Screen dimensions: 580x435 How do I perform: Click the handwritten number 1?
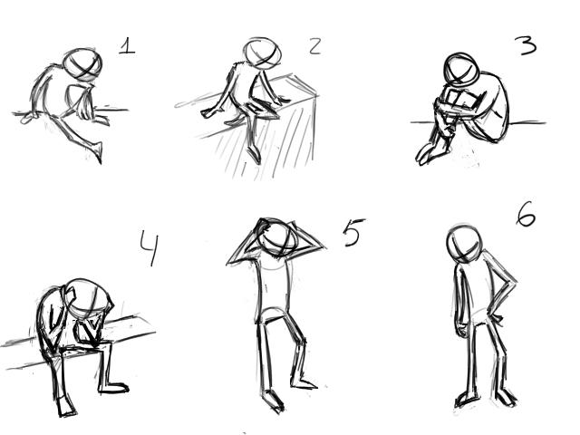coord(127,46)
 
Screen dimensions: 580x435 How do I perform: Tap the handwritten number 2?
coord(314,46)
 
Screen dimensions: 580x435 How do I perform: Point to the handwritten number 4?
coord(150,247)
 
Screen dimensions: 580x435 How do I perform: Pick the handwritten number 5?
coord(353,232)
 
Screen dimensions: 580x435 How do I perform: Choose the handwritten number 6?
coord(526,214)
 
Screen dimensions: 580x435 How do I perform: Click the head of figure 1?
coord(82,64)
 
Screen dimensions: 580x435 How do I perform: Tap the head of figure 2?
coord(262,53)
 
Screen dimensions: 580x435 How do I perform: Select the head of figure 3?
coord(461,71)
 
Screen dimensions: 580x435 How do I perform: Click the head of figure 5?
coord(278,237)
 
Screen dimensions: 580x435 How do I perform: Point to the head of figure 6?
coord(464,244)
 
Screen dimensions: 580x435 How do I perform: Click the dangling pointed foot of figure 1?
coord(97,151)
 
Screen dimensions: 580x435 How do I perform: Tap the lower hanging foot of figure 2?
coord(254,155)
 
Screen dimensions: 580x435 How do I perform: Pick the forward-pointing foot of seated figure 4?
coord(113,389)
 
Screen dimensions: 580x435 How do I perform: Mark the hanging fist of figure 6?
coord(461,329)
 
